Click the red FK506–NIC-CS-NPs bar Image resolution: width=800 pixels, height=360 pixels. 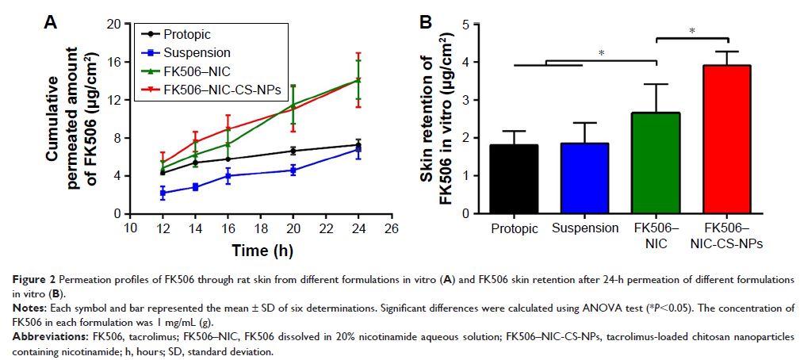[x=727, y=140]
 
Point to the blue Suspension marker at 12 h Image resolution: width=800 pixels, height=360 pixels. [x=163, y=193]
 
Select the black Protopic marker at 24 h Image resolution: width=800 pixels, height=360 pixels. [x=358, y=145]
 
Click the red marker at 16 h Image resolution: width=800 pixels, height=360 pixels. [x=228, y=128]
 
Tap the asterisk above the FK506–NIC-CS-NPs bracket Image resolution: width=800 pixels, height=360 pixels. [x=692, y=32]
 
